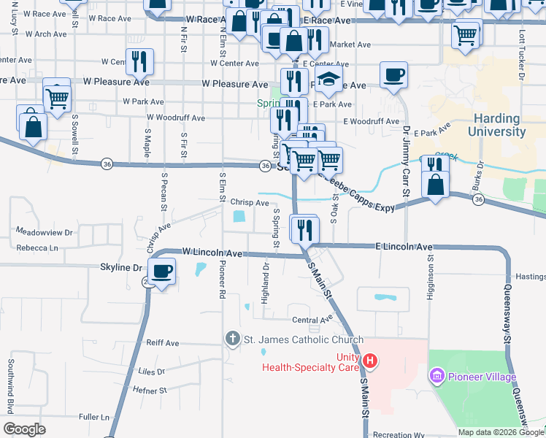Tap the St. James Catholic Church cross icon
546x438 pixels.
pos(232,339)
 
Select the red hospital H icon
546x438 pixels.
pos(370,361)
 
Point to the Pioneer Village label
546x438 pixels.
pos(482,377)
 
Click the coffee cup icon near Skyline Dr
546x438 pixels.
pos(164,271)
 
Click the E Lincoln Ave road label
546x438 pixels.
pos(404,247)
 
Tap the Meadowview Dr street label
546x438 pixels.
pos(45,232)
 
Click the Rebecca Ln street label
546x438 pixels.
pos(37,248)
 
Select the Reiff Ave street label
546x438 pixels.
pos(162,342)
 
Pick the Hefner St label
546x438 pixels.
pos(151,391)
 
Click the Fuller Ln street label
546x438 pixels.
pos(94,417)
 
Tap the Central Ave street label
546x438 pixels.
pos(312,320)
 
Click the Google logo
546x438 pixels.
pos(25,429)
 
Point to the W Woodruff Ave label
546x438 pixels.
pos(176,117)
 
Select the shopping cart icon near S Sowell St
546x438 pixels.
pos(57,95)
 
